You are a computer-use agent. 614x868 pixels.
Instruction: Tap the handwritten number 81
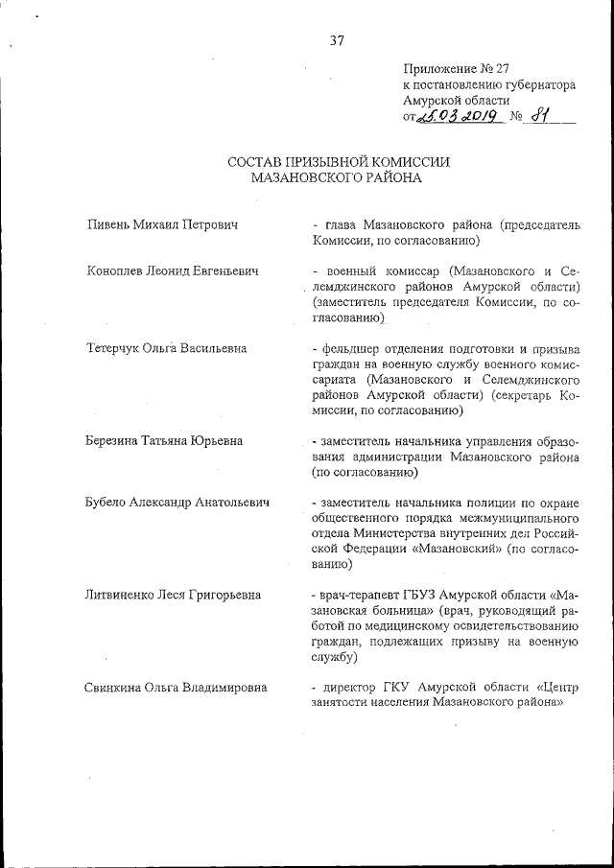pyautogui.click(x=545, y=117)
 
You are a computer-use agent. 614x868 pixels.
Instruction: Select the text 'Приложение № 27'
pyautogui.click(x=455, y=68)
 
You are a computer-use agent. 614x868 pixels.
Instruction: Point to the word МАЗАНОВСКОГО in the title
pyautogui.click(x=310, y=177)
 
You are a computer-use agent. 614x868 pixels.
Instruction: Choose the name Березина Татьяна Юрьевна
pyautogui.click(x=165, y=440)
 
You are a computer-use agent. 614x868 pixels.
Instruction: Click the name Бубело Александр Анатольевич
pyautogui.click(x=177, y=502)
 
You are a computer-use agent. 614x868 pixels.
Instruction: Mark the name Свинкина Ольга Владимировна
pyautogui.click(x=177, y=687)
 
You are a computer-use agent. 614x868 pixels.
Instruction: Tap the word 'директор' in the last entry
pyautogui.click(x=350, y=687)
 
